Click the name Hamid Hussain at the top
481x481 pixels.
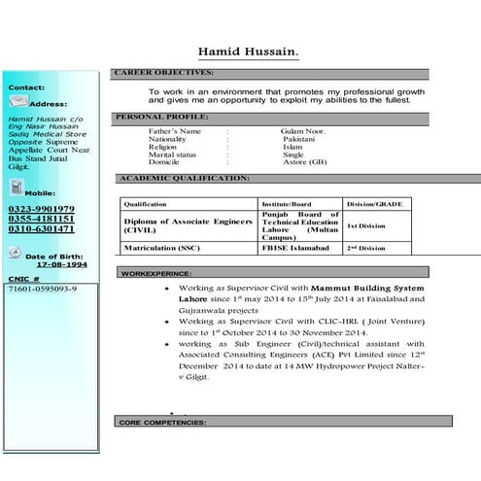pos(249,50)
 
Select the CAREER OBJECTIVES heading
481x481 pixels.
pos(164,73)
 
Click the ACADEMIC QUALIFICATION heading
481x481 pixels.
pos(184,179)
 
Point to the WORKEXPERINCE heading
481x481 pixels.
pos(156,274)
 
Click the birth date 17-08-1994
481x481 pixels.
pos(61,264)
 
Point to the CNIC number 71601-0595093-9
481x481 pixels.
pos(42,290)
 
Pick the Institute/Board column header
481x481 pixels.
pos(287,205)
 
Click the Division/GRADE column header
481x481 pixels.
pos(374,205)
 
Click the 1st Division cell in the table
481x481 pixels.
pos(367,224)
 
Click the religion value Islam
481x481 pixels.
pos(292,146)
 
